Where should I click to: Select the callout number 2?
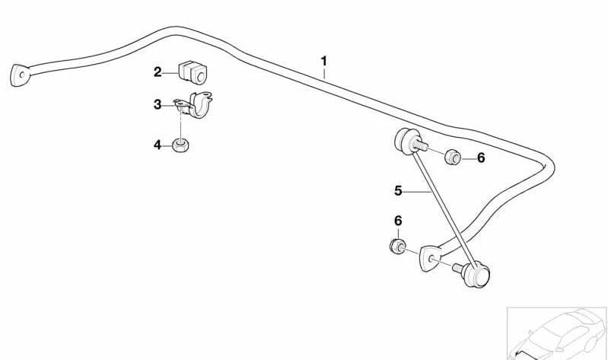click(x=158, y=72)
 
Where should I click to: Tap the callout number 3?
click(x=158, y=104)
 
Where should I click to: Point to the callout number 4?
click(x=158, y=144)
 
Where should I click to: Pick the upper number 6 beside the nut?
click(x=480, y=158)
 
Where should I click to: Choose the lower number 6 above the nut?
click(x=397, y=221)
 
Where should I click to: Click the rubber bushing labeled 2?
click(x=193, y=71)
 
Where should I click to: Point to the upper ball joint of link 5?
click(x=403, y=142)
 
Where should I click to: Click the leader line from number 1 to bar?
click(x=324, y=74)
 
